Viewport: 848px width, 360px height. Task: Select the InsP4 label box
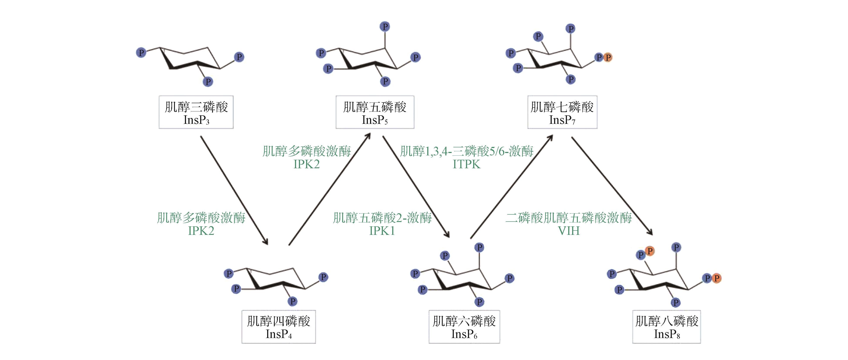[x=278, y=327]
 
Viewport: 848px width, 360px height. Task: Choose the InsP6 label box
[x=464, y=327]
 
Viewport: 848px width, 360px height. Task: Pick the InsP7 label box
[x=562, y=112]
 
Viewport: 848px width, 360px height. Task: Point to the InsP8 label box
[x=667, y=327]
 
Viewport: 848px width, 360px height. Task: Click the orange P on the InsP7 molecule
[x=608, y=57]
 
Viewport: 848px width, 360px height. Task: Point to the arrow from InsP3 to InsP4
[x=234, y=190]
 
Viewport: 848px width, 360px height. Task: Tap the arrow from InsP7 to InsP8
[x=612, y=186]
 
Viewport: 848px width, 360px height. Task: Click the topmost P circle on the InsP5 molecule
[x=385, y=26]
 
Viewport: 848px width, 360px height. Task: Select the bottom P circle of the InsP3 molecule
[x=208, y=81]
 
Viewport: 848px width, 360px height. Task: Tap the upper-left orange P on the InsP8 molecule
[x=650, y=251]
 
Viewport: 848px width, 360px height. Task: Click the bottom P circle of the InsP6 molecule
[x=479, y=302]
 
